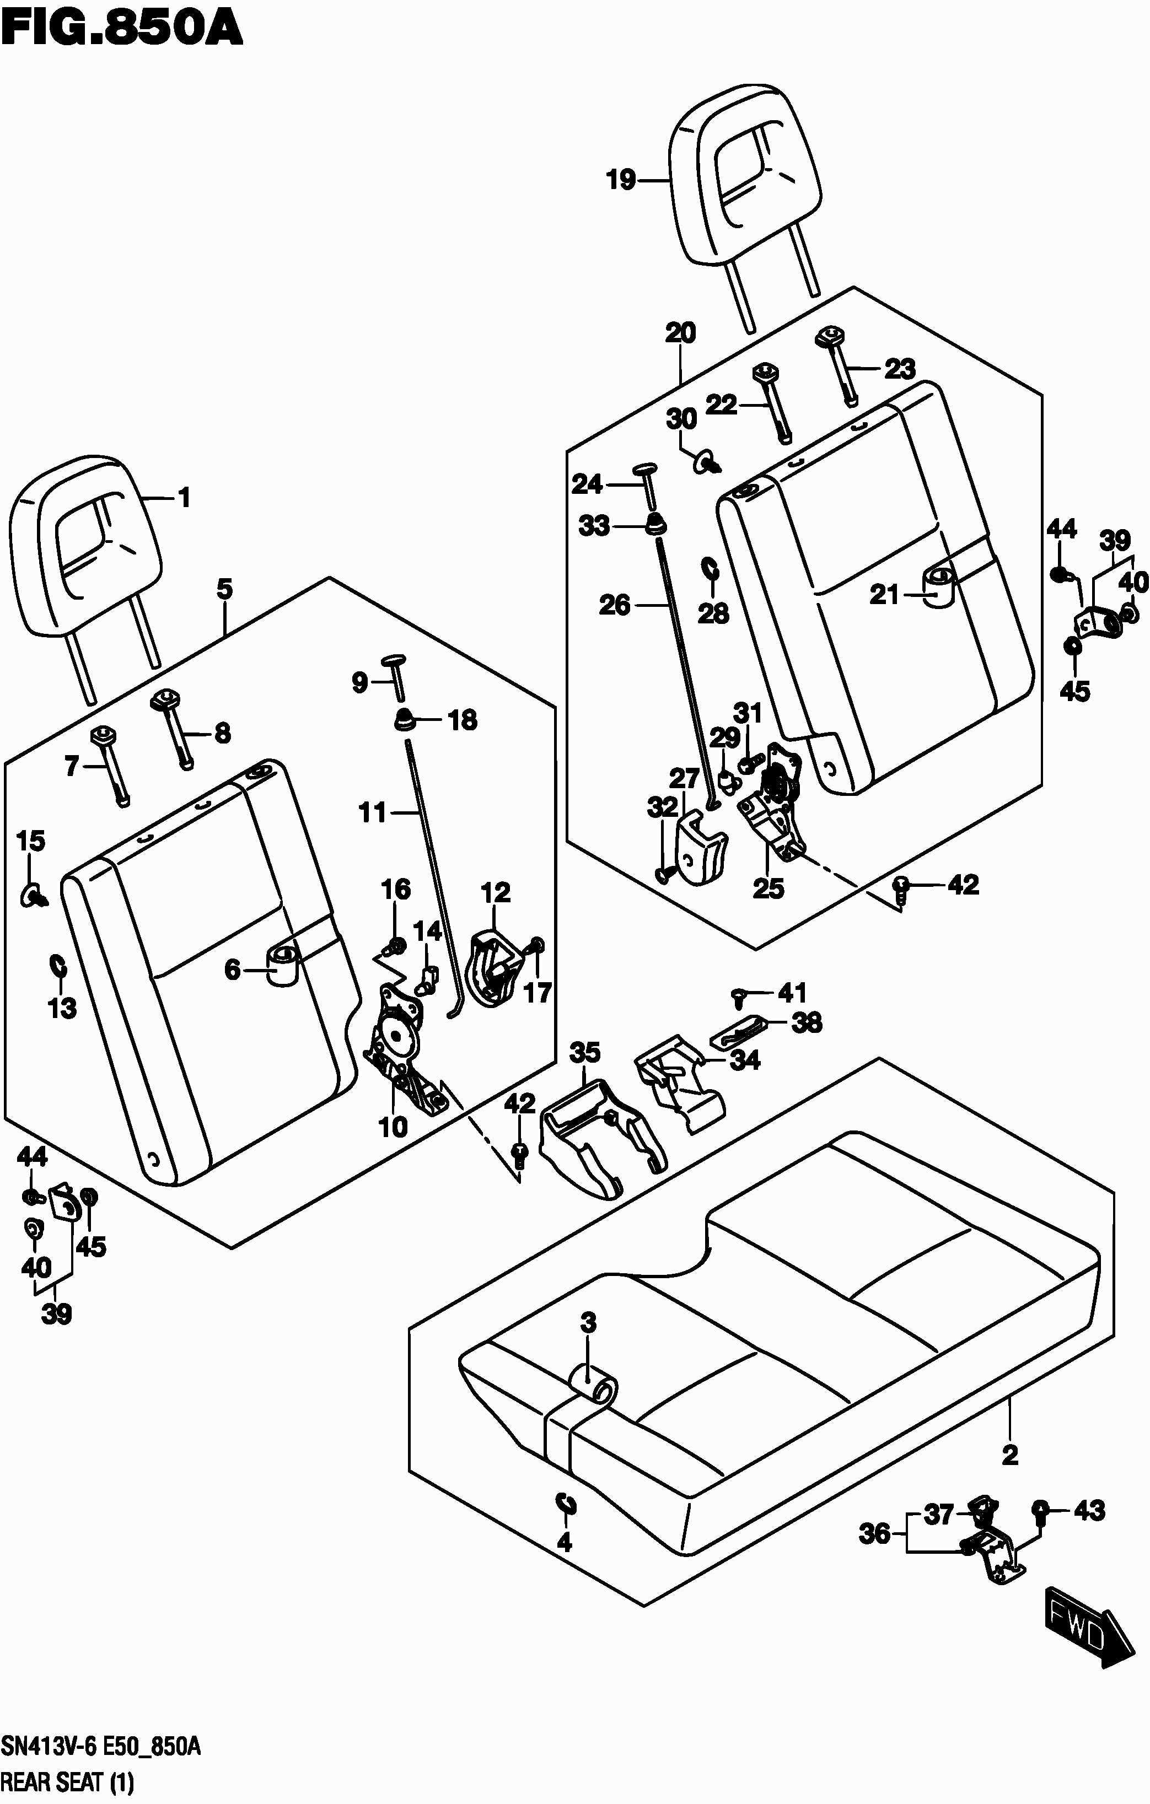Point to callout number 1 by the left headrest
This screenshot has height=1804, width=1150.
184,498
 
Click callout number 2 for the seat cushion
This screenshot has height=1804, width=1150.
1010,1455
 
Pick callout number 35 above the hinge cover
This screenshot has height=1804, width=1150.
584,1053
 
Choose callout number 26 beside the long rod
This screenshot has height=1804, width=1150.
614,605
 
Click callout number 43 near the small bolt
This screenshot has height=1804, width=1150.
1089,1511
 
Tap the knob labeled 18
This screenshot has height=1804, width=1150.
405,719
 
